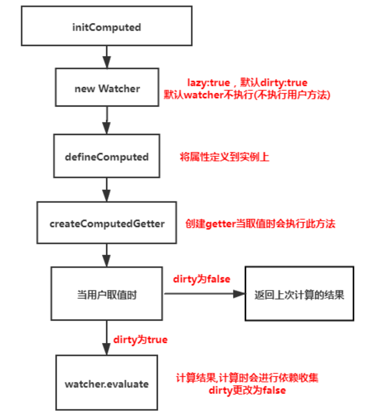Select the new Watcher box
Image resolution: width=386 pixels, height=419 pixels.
(107, 88)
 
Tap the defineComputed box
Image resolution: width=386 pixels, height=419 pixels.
(107, 157)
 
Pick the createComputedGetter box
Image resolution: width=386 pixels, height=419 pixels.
(107, 224)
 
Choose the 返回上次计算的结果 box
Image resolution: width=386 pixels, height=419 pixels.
(299, 294)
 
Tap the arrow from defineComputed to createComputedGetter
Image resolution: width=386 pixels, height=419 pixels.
(107, 189)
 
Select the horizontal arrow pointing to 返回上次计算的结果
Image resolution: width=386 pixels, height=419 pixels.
(205, 294)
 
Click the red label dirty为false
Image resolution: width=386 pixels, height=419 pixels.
(201, 279)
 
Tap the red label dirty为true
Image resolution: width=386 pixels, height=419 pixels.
(140, 340)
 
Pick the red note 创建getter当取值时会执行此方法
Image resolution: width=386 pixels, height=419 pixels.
(260, 224)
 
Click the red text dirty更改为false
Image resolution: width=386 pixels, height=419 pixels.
(247, 391)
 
